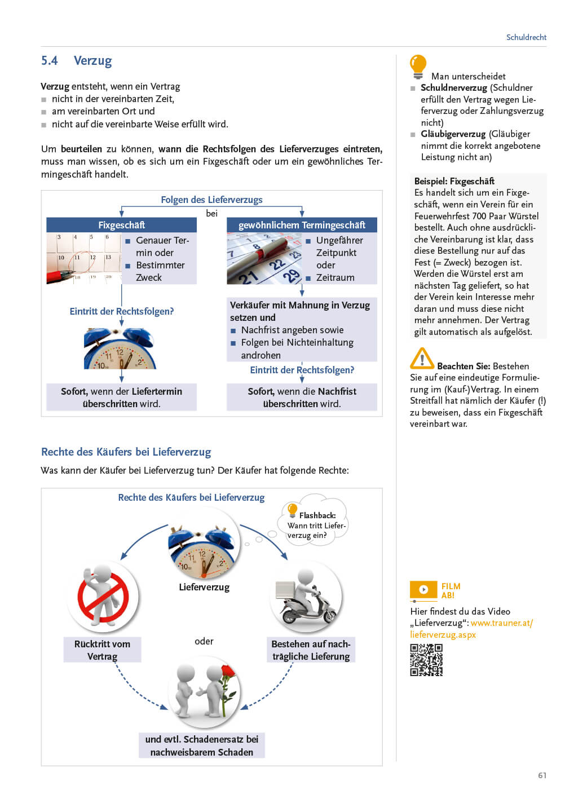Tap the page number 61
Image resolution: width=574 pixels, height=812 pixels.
(542, 775)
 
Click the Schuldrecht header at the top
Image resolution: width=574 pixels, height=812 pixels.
(526, 37)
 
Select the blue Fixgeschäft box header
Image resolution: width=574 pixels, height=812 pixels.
(121, 225)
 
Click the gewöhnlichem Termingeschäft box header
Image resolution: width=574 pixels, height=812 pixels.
(302, 225)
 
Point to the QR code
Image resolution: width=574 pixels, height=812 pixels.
(426, 660)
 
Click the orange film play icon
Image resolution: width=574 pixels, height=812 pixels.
(423, 590)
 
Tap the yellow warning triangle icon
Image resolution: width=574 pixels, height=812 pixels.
(422, 359)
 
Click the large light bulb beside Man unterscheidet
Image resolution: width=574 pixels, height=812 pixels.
(418, 67)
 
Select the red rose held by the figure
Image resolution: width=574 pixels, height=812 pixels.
(227, 672)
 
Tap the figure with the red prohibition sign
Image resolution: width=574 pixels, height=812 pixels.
(103, 597)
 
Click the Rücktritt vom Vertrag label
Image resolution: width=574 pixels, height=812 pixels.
(102, 650)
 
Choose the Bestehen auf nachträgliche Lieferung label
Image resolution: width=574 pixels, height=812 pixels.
(311, 650)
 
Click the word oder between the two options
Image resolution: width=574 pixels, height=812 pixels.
(204, 641)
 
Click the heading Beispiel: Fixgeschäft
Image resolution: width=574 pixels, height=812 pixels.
(454, 181)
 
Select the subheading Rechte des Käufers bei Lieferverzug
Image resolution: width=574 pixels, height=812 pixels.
(126, 452)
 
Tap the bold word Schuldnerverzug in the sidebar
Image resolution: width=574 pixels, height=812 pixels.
(453, 88)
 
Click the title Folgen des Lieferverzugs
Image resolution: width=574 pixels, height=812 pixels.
(211, 200)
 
